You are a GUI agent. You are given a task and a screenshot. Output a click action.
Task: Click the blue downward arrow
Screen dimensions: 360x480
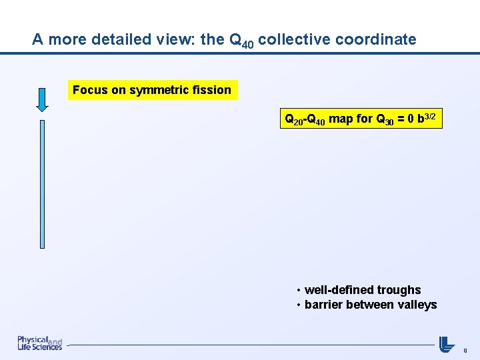pos(42,99)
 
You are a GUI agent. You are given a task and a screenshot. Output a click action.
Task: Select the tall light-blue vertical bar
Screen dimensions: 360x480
pos(42,184)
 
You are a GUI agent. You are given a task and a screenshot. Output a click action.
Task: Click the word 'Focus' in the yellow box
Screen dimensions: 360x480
pos(90,90)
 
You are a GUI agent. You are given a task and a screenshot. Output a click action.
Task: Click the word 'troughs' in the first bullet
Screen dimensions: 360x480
pos(399,290)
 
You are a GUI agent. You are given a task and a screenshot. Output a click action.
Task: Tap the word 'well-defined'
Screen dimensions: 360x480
pos(339,290)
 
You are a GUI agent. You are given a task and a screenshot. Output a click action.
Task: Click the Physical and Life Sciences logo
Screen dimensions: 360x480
pos(39,343)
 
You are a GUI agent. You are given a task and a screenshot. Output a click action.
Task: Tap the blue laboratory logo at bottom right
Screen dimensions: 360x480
pos(447,343)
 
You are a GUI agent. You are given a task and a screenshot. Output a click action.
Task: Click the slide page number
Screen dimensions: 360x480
pos(465,349)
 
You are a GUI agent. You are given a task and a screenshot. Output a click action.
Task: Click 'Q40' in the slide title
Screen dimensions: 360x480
pos(241,41)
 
